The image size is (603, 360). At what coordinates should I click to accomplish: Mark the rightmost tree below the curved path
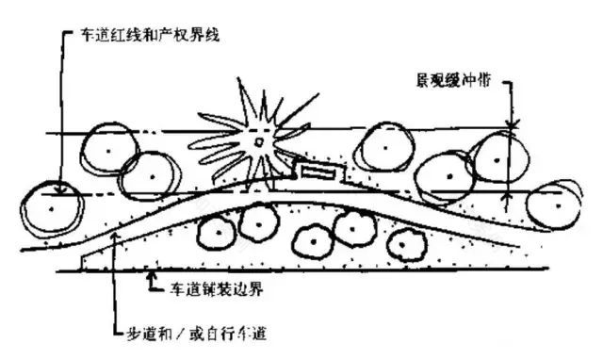pyautogui.click(x=405, y=242)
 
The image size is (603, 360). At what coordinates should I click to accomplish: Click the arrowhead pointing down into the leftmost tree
pyautogui.click(x=58, y=188)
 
